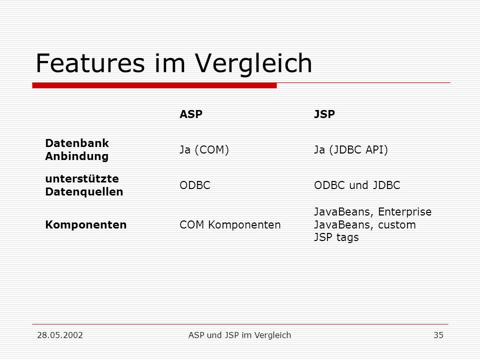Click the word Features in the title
(x=90, y=63)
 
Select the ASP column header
(x=191, y=114)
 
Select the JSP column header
(x=324, y=114)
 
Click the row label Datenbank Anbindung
(x=77, y=149)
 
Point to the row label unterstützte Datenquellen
(x=84, y=185)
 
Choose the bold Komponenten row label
(x=85, y=224)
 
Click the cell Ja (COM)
(x=204, y=149)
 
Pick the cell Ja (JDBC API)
(x=351, y=149)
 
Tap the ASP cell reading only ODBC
(x=195, y=185)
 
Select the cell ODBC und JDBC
(x=357, y=185)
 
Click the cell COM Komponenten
(x=230, y=224)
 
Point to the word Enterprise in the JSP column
(x=404, y=212)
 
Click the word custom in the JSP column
(x=396, y=225)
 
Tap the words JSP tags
(x=336, y=237)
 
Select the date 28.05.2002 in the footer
(x=60, y=335)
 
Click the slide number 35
(x=438, y=335)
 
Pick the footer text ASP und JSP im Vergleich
(x=239, y=335)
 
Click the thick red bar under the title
(x=154, y=85)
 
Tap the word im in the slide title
(x=170, y=63)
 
